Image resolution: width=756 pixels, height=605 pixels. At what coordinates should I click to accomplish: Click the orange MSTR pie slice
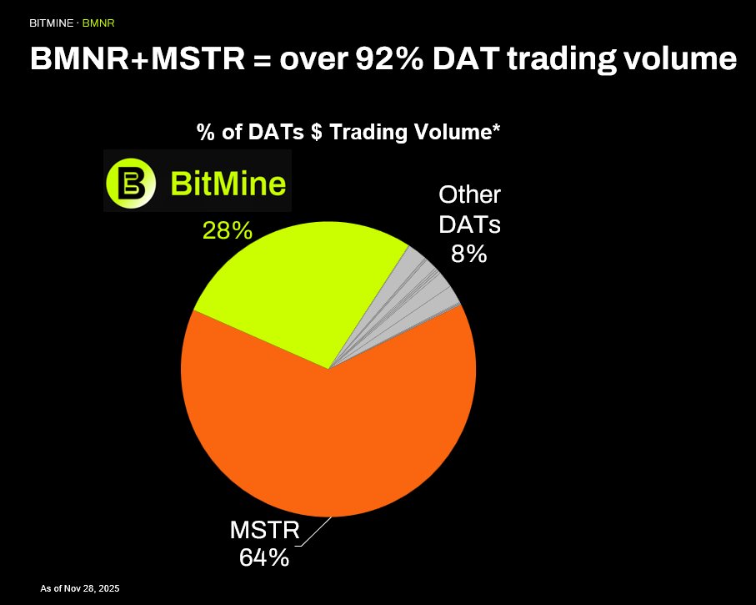(333, 442)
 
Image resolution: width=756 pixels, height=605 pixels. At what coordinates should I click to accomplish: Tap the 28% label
(228, 230)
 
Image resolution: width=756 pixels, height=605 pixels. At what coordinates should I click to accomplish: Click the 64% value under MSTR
(263, 557)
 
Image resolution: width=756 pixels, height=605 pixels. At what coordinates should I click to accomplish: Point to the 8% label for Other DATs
(468, 253)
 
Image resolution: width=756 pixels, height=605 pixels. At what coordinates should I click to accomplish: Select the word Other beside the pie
(469, 195)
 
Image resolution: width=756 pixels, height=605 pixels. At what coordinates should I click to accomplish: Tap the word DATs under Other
(469, 224)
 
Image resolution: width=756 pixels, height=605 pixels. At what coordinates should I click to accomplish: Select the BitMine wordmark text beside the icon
(228, 182)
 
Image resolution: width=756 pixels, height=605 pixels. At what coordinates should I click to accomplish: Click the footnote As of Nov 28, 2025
(80, 588)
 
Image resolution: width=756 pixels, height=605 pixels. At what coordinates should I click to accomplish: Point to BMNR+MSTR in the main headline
(138, 59)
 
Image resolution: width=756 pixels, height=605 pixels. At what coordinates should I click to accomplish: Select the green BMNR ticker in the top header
(98, 22)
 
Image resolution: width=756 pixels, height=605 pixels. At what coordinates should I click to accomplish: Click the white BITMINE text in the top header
(53, 22)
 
